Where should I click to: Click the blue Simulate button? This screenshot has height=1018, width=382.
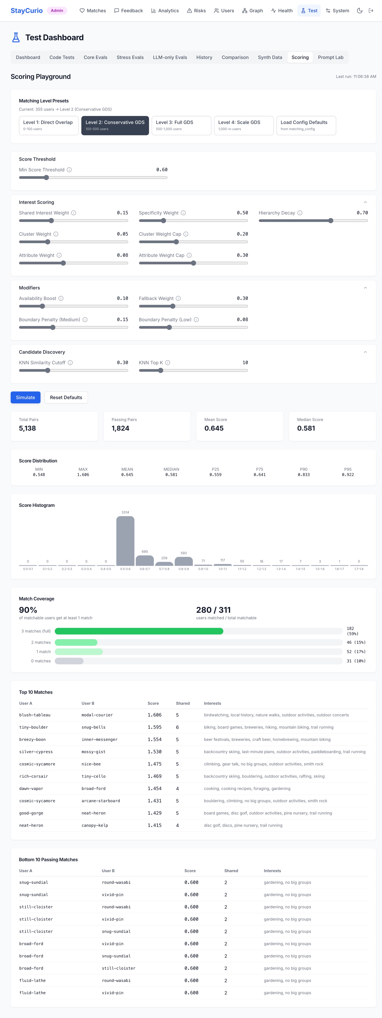pyautogui.click(x=25, y=397)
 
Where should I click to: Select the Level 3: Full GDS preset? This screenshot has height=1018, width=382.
pyautogui.click(x=181, y=125)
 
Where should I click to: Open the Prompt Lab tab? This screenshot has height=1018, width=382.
pyautogui.click(x=331, y=57)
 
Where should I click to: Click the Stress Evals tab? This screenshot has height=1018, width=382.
pyautogui.click(x=130, y=57)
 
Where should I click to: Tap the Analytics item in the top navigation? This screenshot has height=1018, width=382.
pyautogui.click(x=165, y=11)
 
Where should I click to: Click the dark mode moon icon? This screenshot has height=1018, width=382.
pyautogui.click(x=360, y=11)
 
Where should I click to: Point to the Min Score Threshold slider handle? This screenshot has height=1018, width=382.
pyautogui.click(x=46, y=177)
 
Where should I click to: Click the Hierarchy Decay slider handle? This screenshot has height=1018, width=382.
pyautogui.click(x=331, y=220)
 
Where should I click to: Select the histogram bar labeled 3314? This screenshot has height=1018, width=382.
pyautogui.click(x=125, y=541)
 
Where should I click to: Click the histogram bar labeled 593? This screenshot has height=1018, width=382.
pyautogui.click(x=184, y=561)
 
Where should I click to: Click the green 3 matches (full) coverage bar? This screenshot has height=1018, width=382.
pyautogui.click(x=139, y=631)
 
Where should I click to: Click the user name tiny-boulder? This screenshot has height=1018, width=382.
pyautogui.click(x=34, y=727)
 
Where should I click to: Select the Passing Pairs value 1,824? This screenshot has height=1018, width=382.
pyautogui.click(x=120, y=428)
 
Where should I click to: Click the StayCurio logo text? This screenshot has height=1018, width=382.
pyautogui.click(x=27, y=11)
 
